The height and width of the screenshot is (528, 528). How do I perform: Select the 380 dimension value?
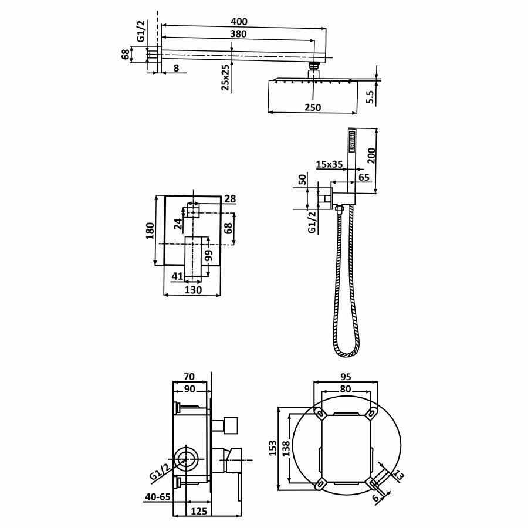click(x=238, y=34)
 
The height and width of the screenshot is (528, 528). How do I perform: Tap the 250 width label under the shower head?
click(x=313, y=107)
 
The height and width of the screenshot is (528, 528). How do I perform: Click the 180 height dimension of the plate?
click(x=151, y=231)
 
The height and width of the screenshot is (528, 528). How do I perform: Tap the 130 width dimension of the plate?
click(x=193, y=290)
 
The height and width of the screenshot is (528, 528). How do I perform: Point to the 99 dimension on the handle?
click(x=208, y=256)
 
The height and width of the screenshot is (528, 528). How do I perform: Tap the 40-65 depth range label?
click(x=157, y=497)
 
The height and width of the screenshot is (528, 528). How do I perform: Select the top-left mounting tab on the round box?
click(x=320, y=415)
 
